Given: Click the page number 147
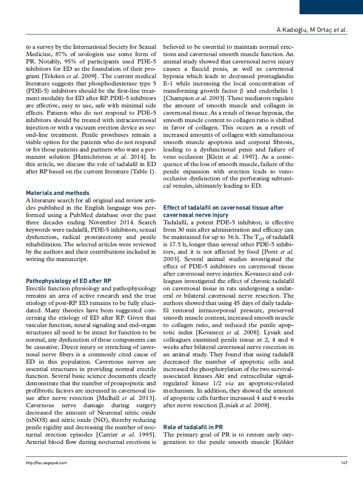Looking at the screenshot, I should (x=344, y=463).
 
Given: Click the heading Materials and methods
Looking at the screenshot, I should (x=57, y=193).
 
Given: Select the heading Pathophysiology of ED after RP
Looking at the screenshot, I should (x=69, y=281).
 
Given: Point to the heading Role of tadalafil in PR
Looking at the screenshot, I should (x=193, y=427).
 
